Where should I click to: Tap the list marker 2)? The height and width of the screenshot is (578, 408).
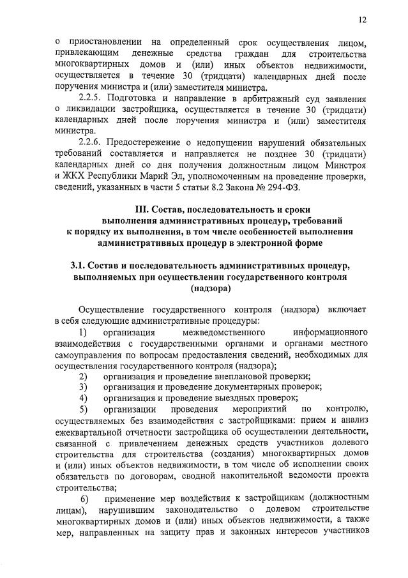click(83, 376)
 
